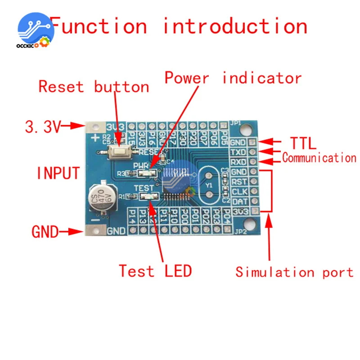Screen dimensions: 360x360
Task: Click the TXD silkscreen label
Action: pos(238,152)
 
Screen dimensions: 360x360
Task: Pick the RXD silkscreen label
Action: pos(238,162)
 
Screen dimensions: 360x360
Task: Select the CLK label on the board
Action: pos(238,192)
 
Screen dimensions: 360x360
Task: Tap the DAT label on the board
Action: pos(238,201)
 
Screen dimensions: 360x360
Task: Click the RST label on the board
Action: pos(238,182)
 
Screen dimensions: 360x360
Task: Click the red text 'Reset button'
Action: pos(94,86)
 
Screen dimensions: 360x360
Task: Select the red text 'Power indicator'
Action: pos(233,78)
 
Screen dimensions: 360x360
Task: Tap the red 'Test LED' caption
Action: pos(155,271)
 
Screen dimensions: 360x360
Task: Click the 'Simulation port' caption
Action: pos(294,272)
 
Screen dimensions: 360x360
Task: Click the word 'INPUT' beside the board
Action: pos(58,173)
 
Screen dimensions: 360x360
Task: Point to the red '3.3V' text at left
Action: pos(42,127)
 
